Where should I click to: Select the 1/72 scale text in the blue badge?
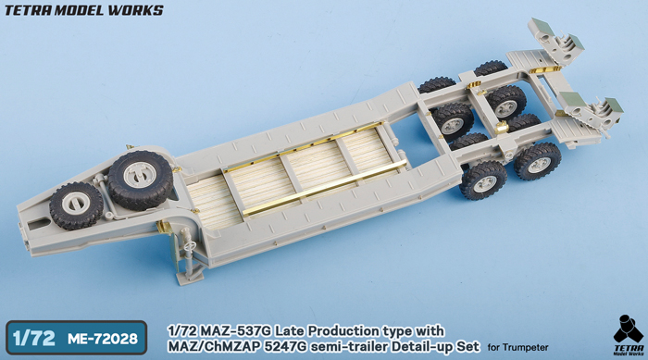(x=34, y=339)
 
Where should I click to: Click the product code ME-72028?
(x=103, y=339)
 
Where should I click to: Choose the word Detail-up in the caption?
(x=422, y=347)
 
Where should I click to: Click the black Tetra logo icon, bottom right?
(x=629, y=329)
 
